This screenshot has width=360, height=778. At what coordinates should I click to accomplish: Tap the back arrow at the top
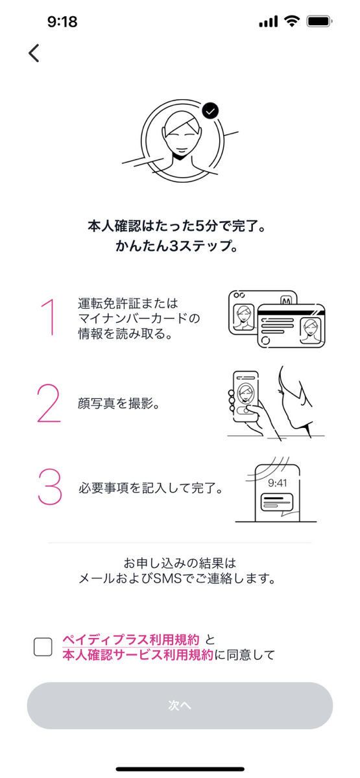point(34,53)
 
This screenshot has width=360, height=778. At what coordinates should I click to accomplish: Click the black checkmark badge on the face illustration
point(210,111)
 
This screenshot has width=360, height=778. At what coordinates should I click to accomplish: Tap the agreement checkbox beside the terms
point(43,646)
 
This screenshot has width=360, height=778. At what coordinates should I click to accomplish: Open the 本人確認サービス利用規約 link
point(138,655)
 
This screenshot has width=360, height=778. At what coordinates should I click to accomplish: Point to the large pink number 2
point(49,403)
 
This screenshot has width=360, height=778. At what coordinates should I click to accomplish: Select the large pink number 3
point(49,486)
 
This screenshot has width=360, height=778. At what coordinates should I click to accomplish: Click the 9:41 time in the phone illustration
point(277,482)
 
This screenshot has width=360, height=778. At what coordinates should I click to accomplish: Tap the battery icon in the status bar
point(320,21)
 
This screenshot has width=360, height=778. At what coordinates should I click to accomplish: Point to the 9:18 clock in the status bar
point(62,22)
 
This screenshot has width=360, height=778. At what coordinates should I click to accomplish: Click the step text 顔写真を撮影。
point(119,403)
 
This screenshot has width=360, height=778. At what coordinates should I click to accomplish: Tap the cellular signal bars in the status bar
point(268,22)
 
